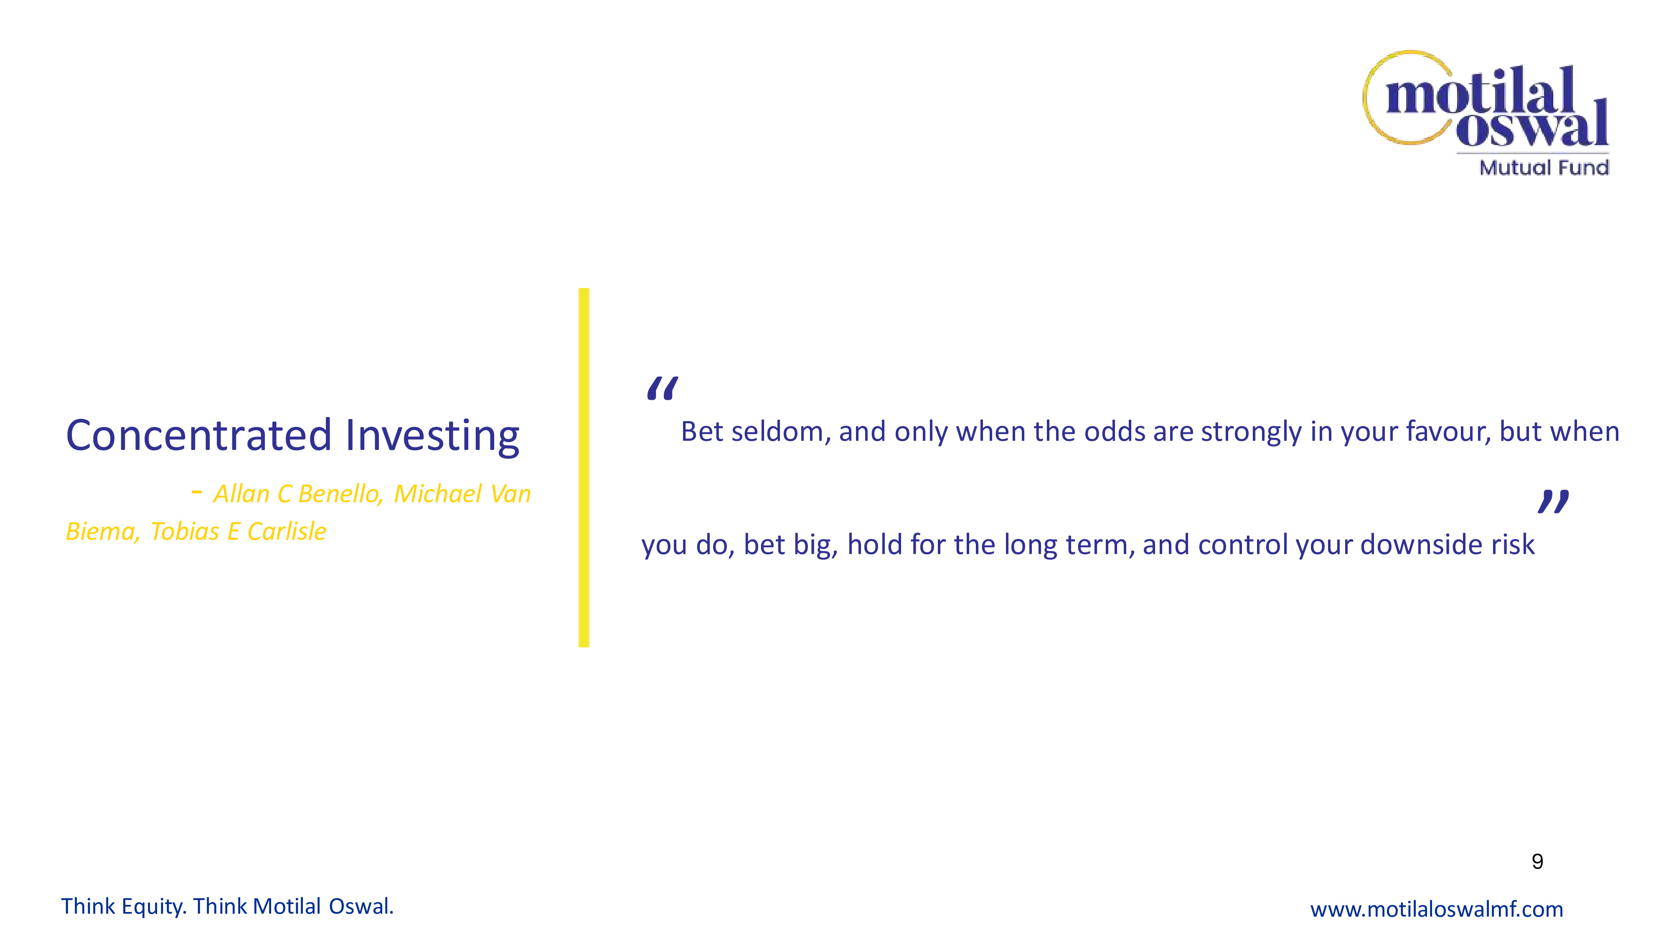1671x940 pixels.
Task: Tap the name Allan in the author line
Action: tap(241, 494)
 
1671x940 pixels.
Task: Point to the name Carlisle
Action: tap(287, 531)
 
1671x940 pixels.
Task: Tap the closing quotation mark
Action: tap(1553, 501)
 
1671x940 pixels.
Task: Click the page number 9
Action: tap(1537, 861)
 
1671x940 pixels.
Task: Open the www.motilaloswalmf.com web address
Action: tap(1436, 909)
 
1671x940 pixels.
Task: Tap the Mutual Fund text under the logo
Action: tap(1544, 168)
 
